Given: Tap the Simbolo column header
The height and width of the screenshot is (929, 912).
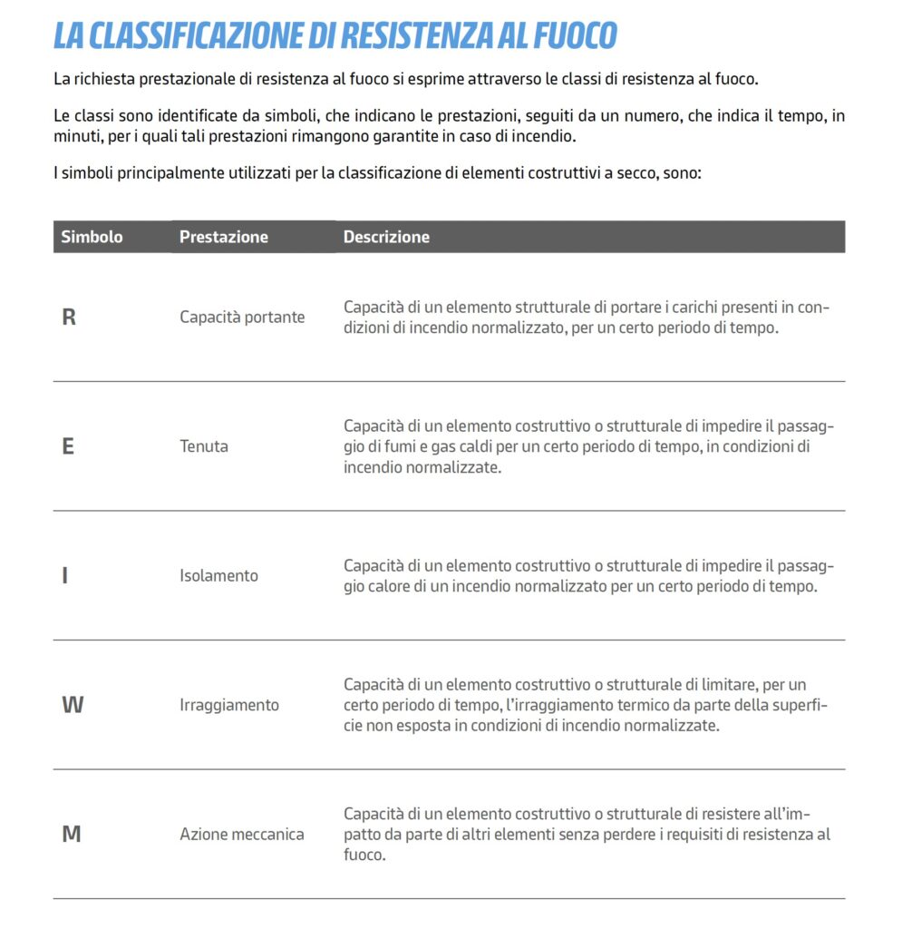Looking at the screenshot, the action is [x=92, y=237].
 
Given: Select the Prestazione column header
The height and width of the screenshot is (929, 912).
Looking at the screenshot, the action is [x=223, y=237].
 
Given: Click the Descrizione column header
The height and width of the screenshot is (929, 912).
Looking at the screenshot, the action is [x=386, y=237].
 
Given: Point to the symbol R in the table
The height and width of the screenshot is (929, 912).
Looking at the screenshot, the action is [x=68, y=318].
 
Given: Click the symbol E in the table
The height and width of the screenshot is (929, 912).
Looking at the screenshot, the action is [x=68, y=447].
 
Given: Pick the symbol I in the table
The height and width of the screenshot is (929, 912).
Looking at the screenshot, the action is [x=64, y=576].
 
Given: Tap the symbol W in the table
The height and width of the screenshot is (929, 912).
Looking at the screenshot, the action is [x=72, y=705].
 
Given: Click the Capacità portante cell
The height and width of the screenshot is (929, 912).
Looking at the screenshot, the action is [x=242, y=318].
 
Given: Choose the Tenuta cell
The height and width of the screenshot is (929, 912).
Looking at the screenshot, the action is [x=204, y=446].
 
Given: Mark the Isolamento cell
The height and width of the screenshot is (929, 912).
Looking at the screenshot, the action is [x=218, y=575].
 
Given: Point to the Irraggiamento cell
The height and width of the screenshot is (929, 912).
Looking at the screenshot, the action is [x=229, y=705].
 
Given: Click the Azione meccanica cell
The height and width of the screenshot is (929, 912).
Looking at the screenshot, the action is [x=241, y=834].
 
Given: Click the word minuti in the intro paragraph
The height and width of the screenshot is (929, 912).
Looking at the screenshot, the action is [x=75, y=137].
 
